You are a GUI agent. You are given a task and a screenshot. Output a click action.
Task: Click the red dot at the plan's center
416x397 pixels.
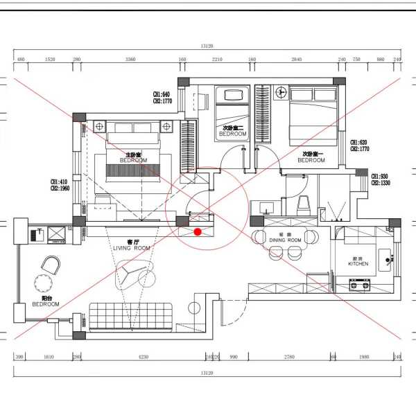(198, 231)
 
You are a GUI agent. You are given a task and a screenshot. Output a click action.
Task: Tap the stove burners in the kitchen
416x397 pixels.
(359, 283)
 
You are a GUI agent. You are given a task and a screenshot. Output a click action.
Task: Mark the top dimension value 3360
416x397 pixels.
(130, 60)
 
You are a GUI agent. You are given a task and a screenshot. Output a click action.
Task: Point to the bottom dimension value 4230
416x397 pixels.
(143, 357)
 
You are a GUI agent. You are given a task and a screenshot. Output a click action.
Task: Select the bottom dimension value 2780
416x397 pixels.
(289, 357)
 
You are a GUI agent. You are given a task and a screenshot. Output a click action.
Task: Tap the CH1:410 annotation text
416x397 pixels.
(58, 182)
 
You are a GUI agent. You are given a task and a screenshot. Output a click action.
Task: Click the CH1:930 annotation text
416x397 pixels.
(379, 177)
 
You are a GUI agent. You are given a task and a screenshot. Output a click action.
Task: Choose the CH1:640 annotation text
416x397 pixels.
(162, 94)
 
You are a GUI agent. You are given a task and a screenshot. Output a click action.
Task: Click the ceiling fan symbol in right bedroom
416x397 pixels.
(281, 92)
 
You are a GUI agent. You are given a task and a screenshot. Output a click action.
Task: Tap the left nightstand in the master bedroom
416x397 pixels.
(99, 126)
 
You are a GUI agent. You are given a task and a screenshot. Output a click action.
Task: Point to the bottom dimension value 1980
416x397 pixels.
(365, 357)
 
